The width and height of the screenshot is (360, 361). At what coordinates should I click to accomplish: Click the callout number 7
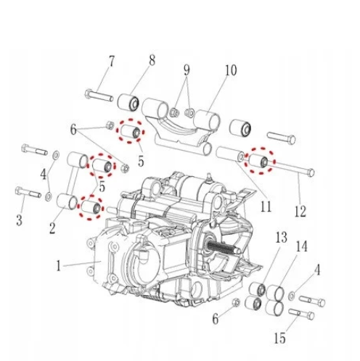point(111,62)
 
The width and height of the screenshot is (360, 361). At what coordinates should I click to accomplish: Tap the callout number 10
point(231,70)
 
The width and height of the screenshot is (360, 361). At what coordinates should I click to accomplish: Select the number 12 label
point(300,212)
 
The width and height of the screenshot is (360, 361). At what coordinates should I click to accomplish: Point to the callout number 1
point(58,266)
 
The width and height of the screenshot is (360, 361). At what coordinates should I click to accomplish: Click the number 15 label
point(279,338)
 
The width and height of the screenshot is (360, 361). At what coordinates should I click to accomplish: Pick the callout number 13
point(281,237)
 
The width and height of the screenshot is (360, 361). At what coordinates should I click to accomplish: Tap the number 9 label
point(187,70)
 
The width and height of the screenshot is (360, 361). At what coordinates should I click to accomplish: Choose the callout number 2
point(52,228)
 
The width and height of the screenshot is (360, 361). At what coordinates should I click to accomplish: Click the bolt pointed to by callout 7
point(99,95)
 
